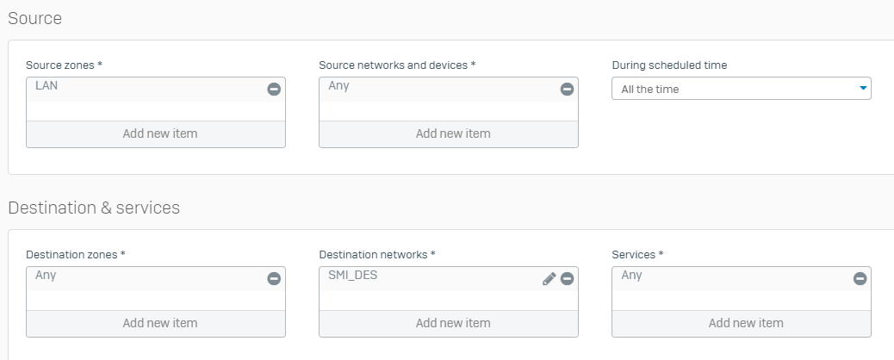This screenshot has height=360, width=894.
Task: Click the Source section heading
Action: pos(34,18)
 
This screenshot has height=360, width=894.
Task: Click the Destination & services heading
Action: pos(94,208)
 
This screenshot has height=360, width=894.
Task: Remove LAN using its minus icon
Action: pos(274,89)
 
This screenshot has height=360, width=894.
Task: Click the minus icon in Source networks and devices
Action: pos(568,89)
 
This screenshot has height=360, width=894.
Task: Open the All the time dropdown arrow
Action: pos(863,89)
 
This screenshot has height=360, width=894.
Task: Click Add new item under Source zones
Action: pos(160,133)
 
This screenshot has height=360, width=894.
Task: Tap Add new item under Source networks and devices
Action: pos(453,133)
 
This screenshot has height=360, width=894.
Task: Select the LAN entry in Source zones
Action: pos(47,85)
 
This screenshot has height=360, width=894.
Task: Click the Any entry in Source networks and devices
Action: pos(338,86)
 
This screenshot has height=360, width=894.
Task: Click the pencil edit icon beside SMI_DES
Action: pos(549,278)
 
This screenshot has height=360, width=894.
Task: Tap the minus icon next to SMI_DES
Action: pos(568,278)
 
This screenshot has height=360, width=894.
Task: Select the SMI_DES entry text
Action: pos(353,276)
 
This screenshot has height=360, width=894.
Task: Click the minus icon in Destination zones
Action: pos(274,278)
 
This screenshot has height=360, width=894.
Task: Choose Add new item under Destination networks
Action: pos(453,323)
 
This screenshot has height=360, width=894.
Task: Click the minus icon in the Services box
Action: pos(860,278)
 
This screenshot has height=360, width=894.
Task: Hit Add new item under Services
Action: pos(746,323)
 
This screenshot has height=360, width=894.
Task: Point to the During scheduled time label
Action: pos(669,65)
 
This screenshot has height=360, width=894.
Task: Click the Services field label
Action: pos(637,255)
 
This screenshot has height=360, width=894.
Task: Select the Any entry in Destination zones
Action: pos(46,276)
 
